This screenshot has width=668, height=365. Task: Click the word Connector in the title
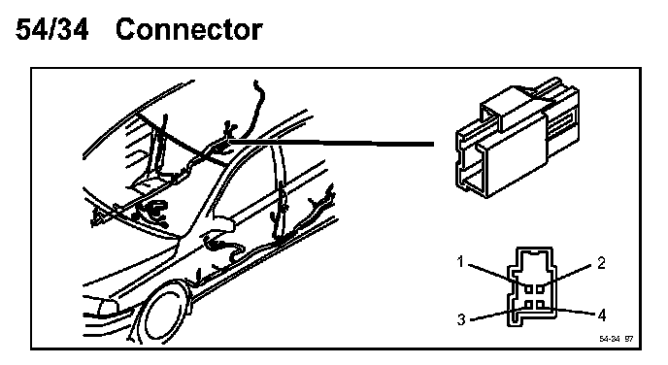coord(188,29)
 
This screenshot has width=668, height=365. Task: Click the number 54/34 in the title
coord(52,29)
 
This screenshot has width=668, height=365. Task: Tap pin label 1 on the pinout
coord(460,261)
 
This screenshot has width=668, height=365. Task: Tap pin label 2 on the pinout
coord(601,263)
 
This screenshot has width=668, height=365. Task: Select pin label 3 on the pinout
coord(461,319)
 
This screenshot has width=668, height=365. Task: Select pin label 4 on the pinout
coord(602,315)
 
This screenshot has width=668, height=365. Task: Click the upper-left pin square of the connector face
coord(529,289)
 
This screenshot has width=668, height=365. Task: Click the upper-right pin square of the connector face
coord(541,289)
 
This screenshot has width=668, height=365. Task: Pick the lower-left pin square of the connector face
coord(529,305)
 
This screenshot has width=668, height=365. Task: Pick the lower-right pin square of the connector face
coord(541,305)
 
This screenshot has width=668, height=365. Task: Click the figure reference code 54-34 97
coord(616,339)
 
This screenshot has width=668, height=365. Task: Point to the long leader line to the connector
coord(330,143)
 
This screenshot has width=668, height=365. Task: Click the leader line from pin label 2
coord(567,274)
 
